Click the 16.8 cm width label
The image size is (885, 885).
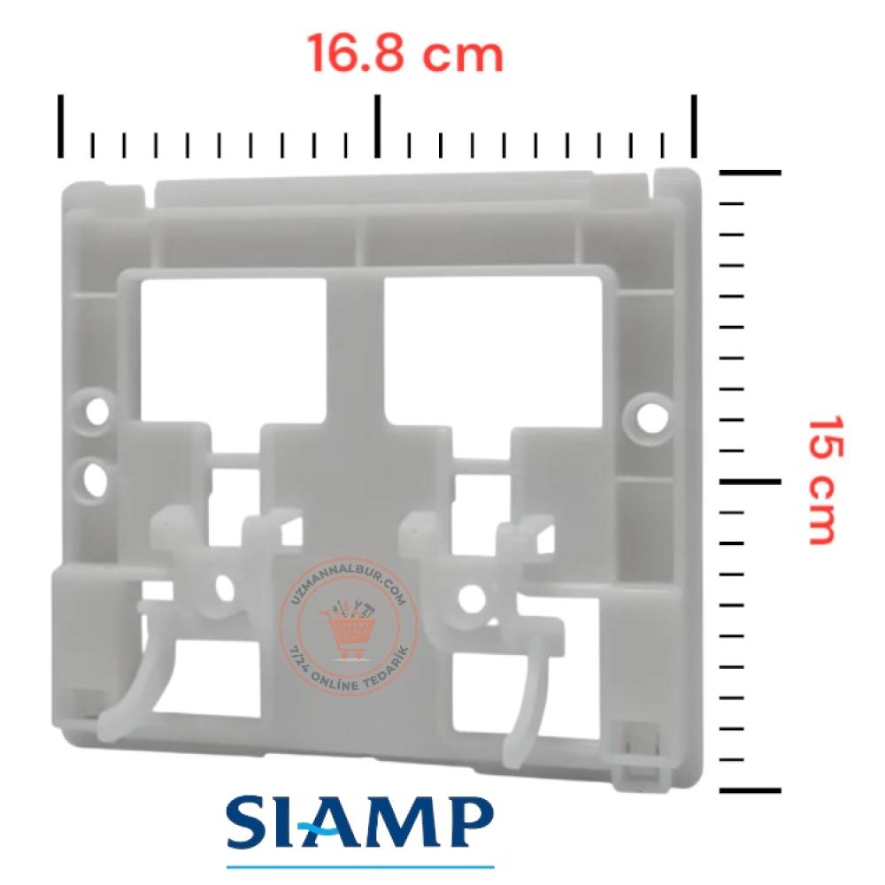[x=405, y=53]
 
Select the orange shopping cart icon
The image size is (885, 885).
[x=348, y=630]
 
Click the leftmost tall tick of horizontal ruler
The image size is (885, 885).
[x=60, y=127]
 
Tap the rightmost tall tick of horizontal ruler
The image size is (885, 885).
[x=694, y=127]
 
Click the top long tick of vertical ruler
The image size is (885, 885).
[x=750, y=173]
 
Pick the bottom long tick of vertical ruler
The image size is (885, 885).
[x=750, y=790]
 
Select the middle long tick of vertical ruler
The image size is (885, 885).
[x=750, y=481]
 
